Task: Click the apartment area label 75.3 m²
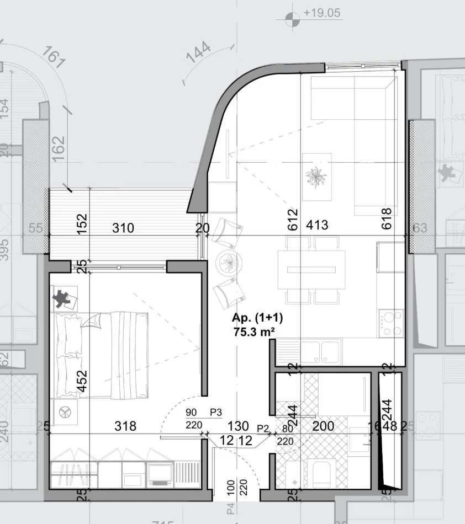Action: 255,331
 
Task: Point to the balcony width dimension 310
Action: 123,227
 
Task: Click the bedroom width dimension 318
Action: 125,426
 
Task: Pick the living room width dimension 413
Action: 317,225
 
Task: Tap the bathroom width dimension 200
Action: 323,426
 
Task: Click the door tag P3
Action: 215,412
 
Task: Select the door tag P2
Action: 263,427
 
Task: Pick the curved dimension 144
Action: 199,56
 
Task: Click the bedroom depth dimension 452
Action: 82,380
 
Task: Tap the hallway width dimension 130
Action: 237,426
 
